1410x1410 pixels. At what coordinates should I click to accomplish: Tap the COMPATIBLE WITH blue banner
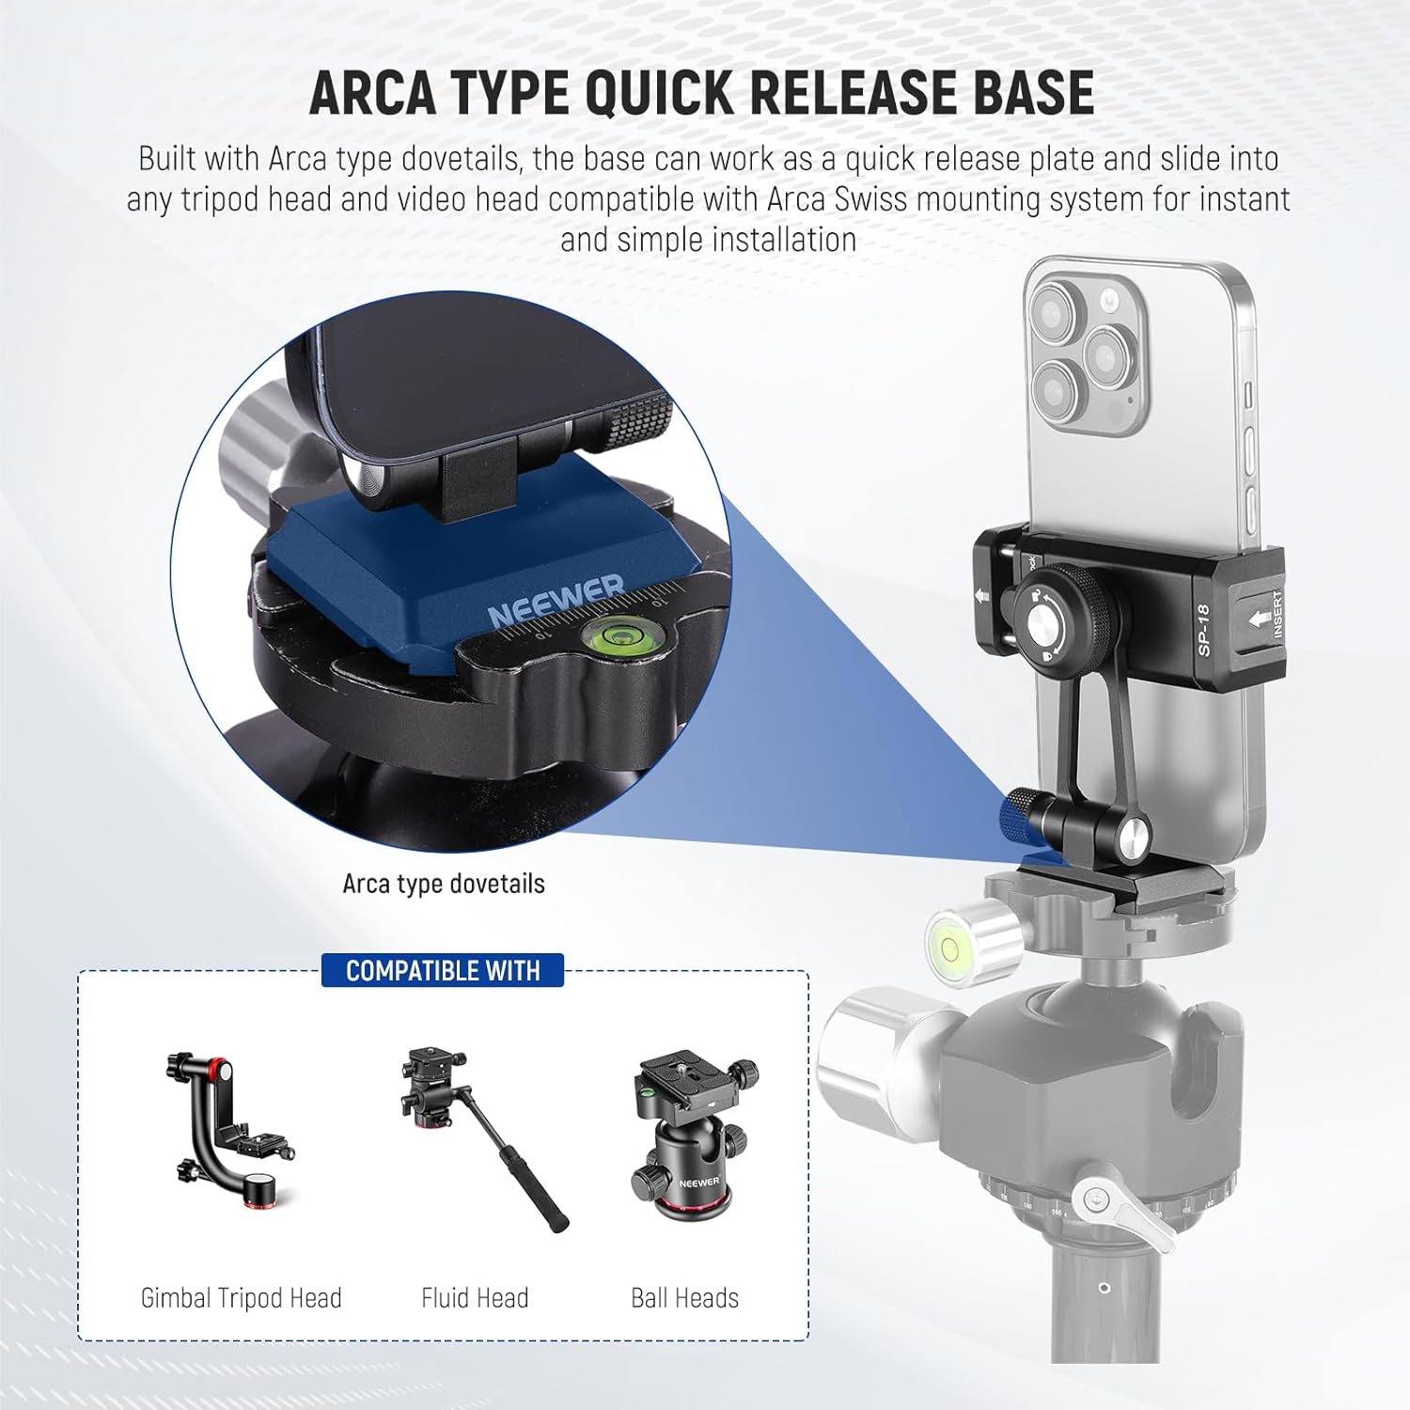[443, 970]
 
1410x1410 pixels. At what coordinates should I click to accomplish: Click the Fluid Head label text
[475, 1298]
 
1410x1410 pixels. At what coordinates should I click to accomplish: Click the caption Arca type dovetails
[444, 884]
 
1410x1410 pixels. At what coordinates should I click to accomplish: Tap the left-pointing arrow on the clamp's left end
[982, 596]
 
